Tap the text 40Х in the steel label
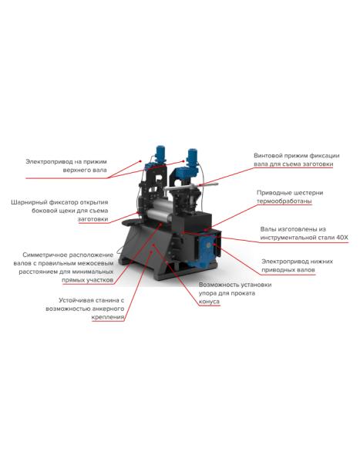pos(341,238)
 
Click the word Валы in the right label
pos(267,229)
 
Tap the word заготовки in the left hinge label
pos(92,219)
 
